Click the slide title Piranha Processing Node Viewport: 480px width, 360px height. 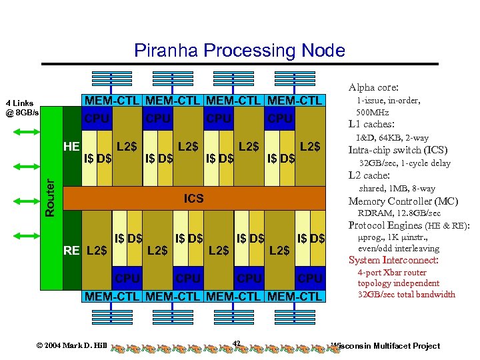[x=239, y=51]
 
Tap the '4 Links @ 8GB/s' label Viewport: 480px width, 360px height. [x=23, y=108]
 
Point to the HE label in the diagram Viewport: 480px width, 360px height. [x=71, y=145]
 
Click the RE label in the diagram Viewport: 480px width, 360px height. [x=71, y=251]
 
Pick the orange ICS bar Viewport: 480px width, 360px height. [x=193, y=199]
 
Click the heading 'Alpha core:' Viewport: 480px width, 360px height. [x=373, y=87]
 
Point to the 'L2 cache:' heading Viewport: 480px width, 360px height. [x=369, y=175]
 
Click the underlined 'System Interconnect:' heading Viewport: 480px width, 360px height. [x=393, y=260]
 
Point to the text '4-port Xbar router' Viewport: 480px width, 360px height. [x=392, y=273]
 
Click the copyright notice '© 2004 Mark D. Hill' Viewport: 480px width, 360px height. [x=71, y=345]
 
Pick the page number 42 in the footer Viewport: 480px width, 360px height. [x=237, y=343]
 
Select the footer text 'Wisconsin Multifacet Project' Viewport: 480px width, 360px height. [x=386, y=345]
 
